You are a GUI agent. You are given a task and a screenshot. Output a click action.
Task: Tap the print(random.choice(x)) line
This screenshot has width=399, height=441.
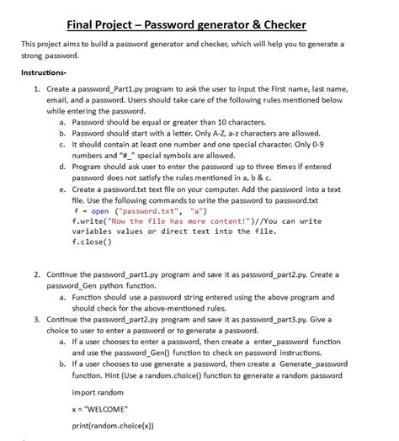[x=114, y=424]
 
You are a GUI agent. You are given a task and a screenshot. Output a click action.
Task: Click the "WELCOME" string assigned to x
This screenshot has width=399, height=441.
[x=108, y=408]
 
